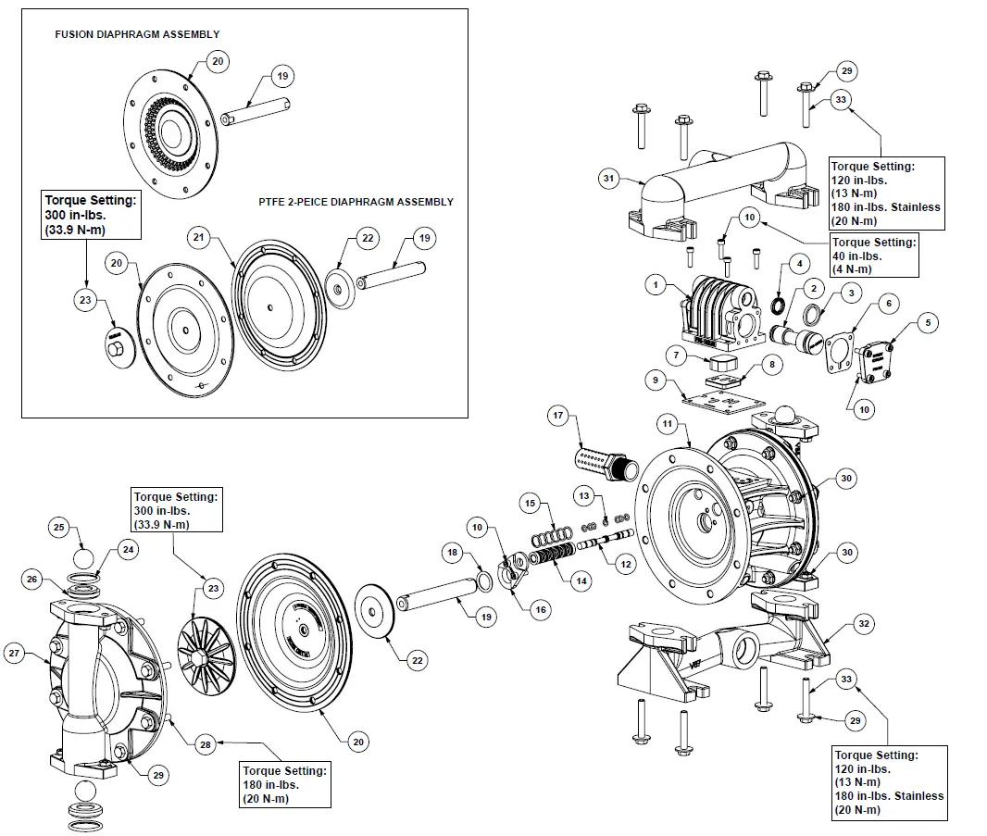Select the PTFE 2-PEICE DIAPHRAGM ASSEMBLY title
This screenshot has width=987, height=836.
click(x=356, y=202)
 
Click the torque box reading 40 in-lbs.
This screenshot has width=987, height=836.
click(x=873, y=255)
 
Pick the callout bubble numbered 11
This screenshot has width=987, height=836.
click(x=667, y=425)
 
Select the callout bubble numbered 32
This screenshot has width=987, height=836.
click(x=863, y=624)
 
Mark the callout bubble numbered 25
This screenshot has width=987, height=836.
click(x=59, y=527)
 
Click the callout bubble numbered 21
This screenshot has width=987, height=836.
click(x=199, y=237)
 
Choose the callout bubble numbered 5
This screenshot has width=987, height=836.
click(x=930, y=322)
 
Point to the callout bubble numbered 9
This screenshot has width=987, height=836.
click(x=656, y=379)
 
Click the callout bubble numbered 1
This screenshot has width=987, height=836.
click(x=656, y=286)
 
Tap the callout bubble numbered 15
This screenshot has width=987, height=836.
click(x=530, y=503)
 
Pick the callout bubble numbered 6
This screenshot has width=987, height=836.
click(x=887, y=303)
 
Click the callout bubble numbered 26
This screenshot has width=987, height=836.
click(x=31, y=580)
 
